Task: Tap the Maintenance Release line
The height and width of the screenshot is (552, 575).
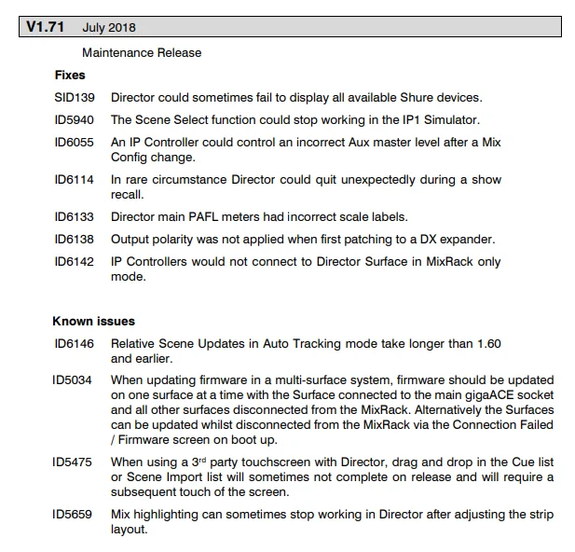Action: [x=142, y=53]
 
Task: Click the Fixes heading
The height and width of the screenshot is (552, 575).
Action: [x=70, y=75]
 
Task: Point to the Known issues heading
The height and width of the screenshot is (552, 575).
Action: [x=93, y=322]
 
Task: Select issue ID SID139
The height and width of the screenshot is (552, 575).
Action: [x=74, y=97]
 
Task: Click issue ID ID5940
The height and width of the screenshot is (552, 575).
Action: [x=74, y=119]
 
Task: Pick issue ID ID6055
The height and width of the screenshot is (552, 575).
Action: [x=74, y=141]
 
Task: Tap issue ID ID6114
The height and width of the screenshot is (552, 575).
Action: [x=74, y=179]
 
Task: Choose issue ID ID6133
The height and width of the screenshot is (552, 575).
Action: [x=74, y=217]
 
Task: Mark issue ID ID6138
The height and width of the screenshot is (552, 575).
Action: [x=74, y=240]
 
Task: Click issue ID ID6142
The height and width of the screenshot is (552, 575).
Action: [x=74, y=262]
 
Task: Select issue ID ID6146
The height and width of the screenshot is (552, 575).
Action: [x=74, y=344]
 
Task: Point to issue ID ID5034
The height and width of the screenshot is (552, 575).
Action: [x=74, y=380]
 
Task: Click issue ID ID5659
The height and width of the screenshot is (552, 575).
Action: [x=74, y=514]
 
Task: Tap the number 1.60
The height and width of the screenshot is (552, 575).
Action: [x=487, y=344]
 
